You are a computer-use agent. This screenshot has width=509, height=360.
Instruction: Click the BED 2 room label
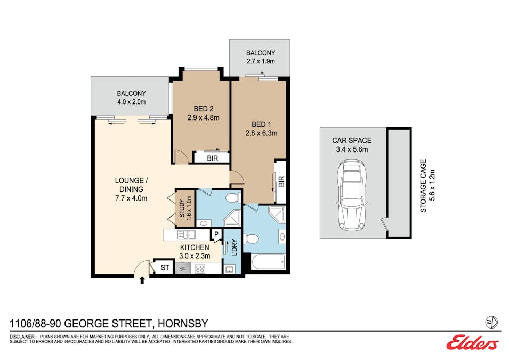click(x=203, y=109)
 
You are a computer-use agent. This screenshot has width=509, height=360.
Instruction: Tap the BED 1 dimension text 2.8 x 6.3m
click(x=261, y=133)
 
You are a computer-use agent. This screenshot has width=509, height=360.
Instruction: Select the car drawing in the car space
click(x=352, y=195)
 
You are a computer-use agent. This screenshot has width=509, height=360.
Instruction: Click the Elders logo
click(x=473, y=342)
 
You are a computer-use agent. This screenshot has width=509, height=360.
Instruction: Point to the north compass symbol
click(x=491, y=322)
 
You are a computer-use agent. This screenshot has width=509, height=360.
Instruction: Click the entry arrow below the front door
click(x=142, y=280)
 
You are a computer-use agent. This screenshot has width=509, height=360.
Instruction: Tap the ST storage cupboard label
click(x=165, y=268)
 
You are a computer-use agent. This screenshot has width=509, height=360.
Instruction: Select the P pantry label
click(x=216, y=234)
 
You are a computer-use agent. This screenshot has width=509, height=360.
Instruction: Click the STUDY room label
click(x=182, y=209)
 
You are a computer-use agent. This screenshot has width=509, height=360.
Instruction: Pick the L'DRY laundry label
click(x=235, y=247)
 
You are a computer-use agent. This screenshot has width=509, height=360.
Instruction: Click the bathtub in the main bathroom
click(x=269, y=262)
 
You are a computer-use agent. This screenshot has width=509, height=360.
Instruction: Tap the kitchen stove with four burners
click(x=199, y=269)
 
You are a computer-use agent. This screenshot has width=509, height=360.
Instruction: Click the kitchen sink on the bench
click(x=186, y=235)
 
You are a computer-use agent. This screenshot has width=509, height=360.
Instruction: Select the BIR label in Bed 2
click(x=212, y=158)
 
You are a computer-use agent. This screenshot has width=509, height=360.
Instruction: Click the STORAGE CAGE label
click(x=423, y=186)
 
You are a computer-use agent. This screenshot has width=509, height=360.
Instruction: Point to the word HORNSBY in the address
click(x=182, y=324)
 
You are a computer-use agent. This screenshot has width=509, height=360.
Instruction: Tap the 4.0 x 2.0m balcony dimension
click(x=132, y=102)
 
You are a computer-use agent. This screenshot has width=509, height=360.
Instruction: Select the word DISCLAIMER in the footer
click(x=22, y=337)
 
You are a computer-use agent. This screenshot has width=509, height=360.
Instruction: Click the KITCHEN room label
click(x=195, y=247)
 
